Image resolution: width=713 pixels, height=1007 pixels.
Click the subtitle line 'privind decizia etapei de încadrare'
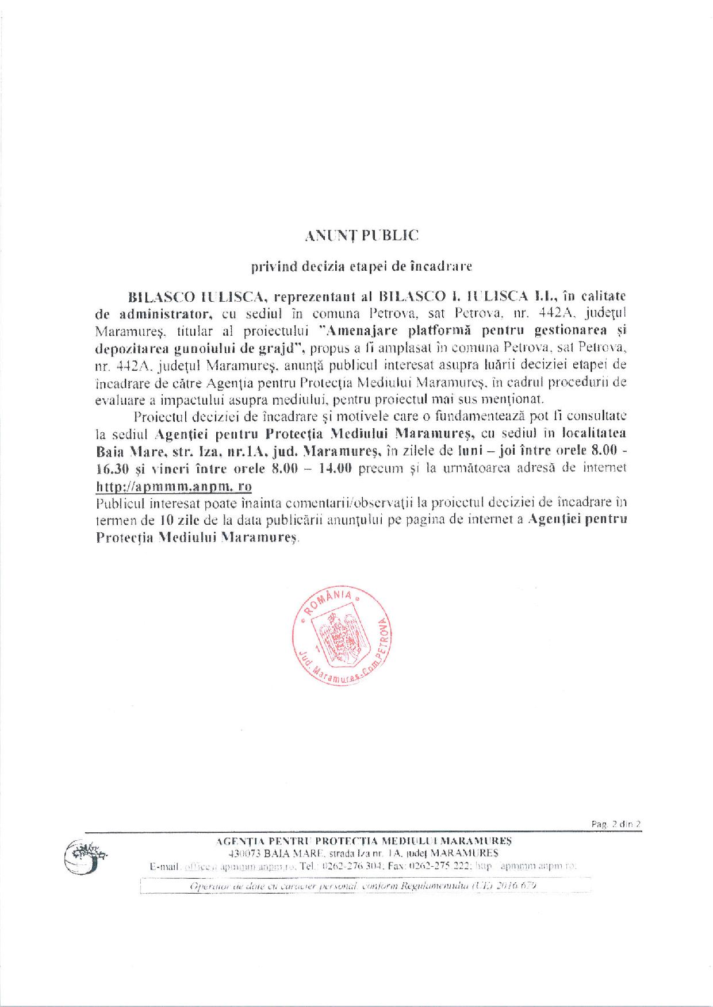(x=361, y=266)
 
